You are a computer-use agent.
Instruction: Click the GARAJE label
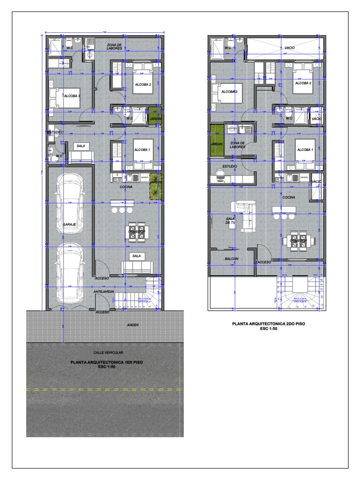69,225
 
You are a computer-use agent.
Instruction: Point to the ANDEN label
134,325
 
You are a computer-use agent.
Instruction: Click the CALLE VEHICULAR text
105,352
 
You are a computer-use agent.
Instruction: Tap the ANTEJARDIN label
104,292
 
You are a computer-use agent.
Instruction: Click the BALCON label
232,259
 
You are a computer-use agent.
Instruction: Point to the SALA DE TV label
230,221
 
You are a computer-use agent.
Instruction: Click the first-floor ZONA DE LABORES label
114,46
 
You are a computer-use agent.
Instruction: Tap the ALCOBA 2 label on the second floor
303,83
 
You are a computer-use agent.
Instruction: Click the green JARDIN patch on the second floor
216,136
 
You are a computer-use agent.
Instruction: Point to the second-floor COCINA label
289,197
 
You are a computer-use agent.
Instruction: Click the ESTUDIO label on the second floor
230,166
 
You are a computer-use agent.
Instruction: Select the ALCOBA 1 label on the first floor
142,150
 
